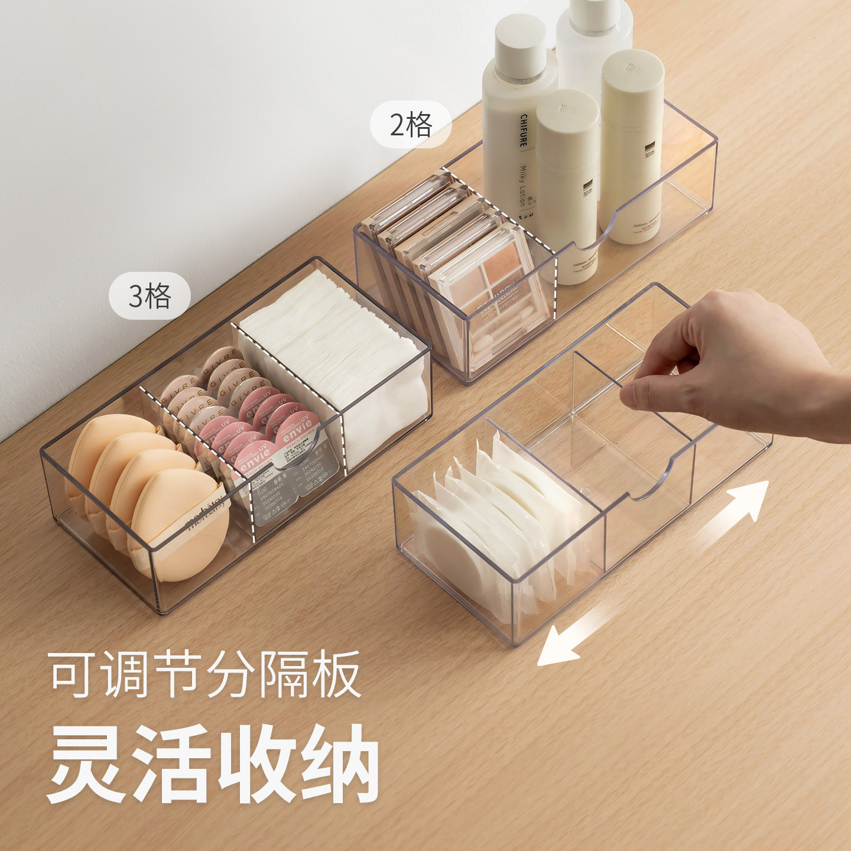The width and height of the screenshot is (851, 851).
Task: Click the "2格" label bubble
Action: (x=411, y=125)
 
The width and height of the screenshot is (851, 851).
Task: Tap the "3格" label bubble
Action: (x=150, y=295)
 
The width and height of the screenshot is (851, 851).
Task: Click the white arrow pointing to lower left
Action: (x=570, y=638)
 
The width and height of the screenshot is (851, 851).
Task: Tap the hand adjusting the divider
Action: (x=733, y=360)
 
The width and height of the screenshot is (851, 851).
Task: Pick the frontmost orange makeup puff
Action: (x=177, y=526)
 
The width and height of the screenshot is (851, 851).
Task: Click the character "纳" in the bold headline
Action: (x=340, y=762)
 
